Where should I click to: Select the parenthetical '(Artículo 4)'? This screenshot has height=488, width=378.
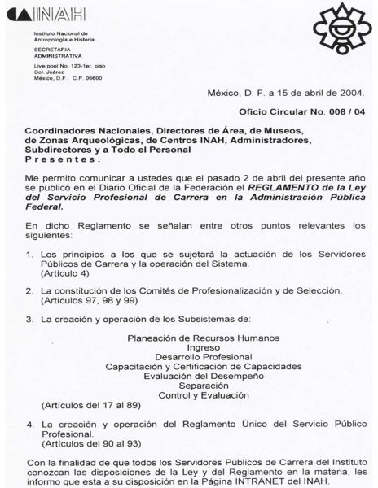[x=66, y=275]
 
